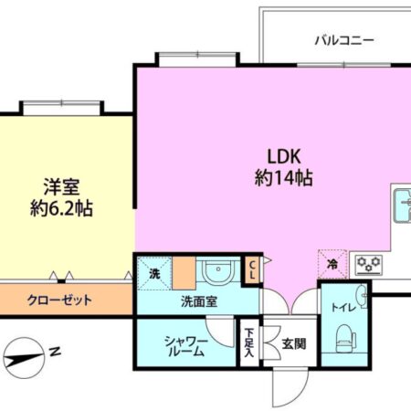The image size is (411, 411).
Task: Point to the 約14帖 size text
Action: click(x=283, y=179)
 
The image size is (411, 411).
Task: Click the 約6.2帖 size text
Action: click(x=62, y=209)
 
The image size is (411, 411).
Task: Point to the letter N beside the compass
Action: click(x=56, y=350)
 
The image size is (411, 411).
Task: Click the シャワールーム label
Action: click(x=188, y=344)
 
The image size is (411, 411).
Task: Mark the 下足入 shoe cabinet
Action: click(x=249, y=345)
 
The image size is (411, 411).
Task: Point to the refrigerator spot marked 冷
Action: click(x=332, y=265)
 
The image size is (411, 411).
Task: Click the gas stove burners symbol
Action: click(x=370, y=265)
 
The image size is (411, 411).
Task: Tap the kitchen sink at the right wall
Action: click(x=402, y=207)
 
